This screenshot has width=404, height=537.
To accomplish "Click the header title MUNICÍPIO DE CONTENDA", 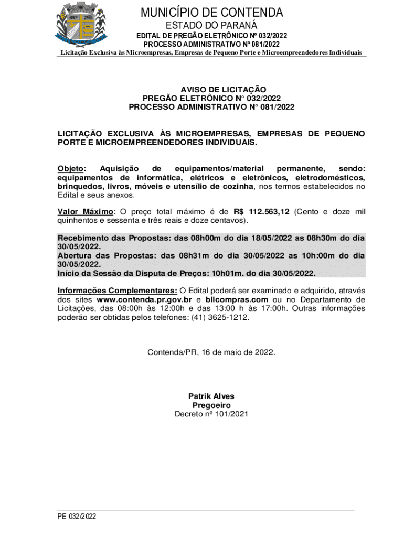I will [x=211, y=12].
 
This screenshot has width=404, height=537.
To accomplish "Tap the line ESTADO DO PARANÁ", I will [x=211, y=25].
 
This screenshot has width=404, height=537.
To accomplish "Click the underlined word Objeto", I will [x=70, y=169].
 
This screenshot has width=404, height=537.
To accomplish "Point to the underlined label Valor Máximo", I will [x=85, y=212].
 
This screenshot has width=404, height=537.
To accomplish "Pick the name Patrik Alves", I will [x=211, y=396].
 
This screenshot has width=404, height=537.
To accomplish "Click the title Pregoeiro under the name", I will [x=211, y=405].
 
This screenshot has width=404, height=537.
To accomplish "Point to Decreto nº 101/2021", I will [x=211, y=414].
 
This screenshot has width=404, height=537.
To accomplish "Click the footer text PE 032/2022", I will [x=77, y=517].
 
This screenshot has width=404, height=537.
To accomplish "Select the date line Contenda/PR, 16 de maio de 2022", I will [x=211, y=352].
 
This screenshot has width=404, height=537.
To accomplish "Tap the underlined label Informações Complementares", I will [x=117, y=291].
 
